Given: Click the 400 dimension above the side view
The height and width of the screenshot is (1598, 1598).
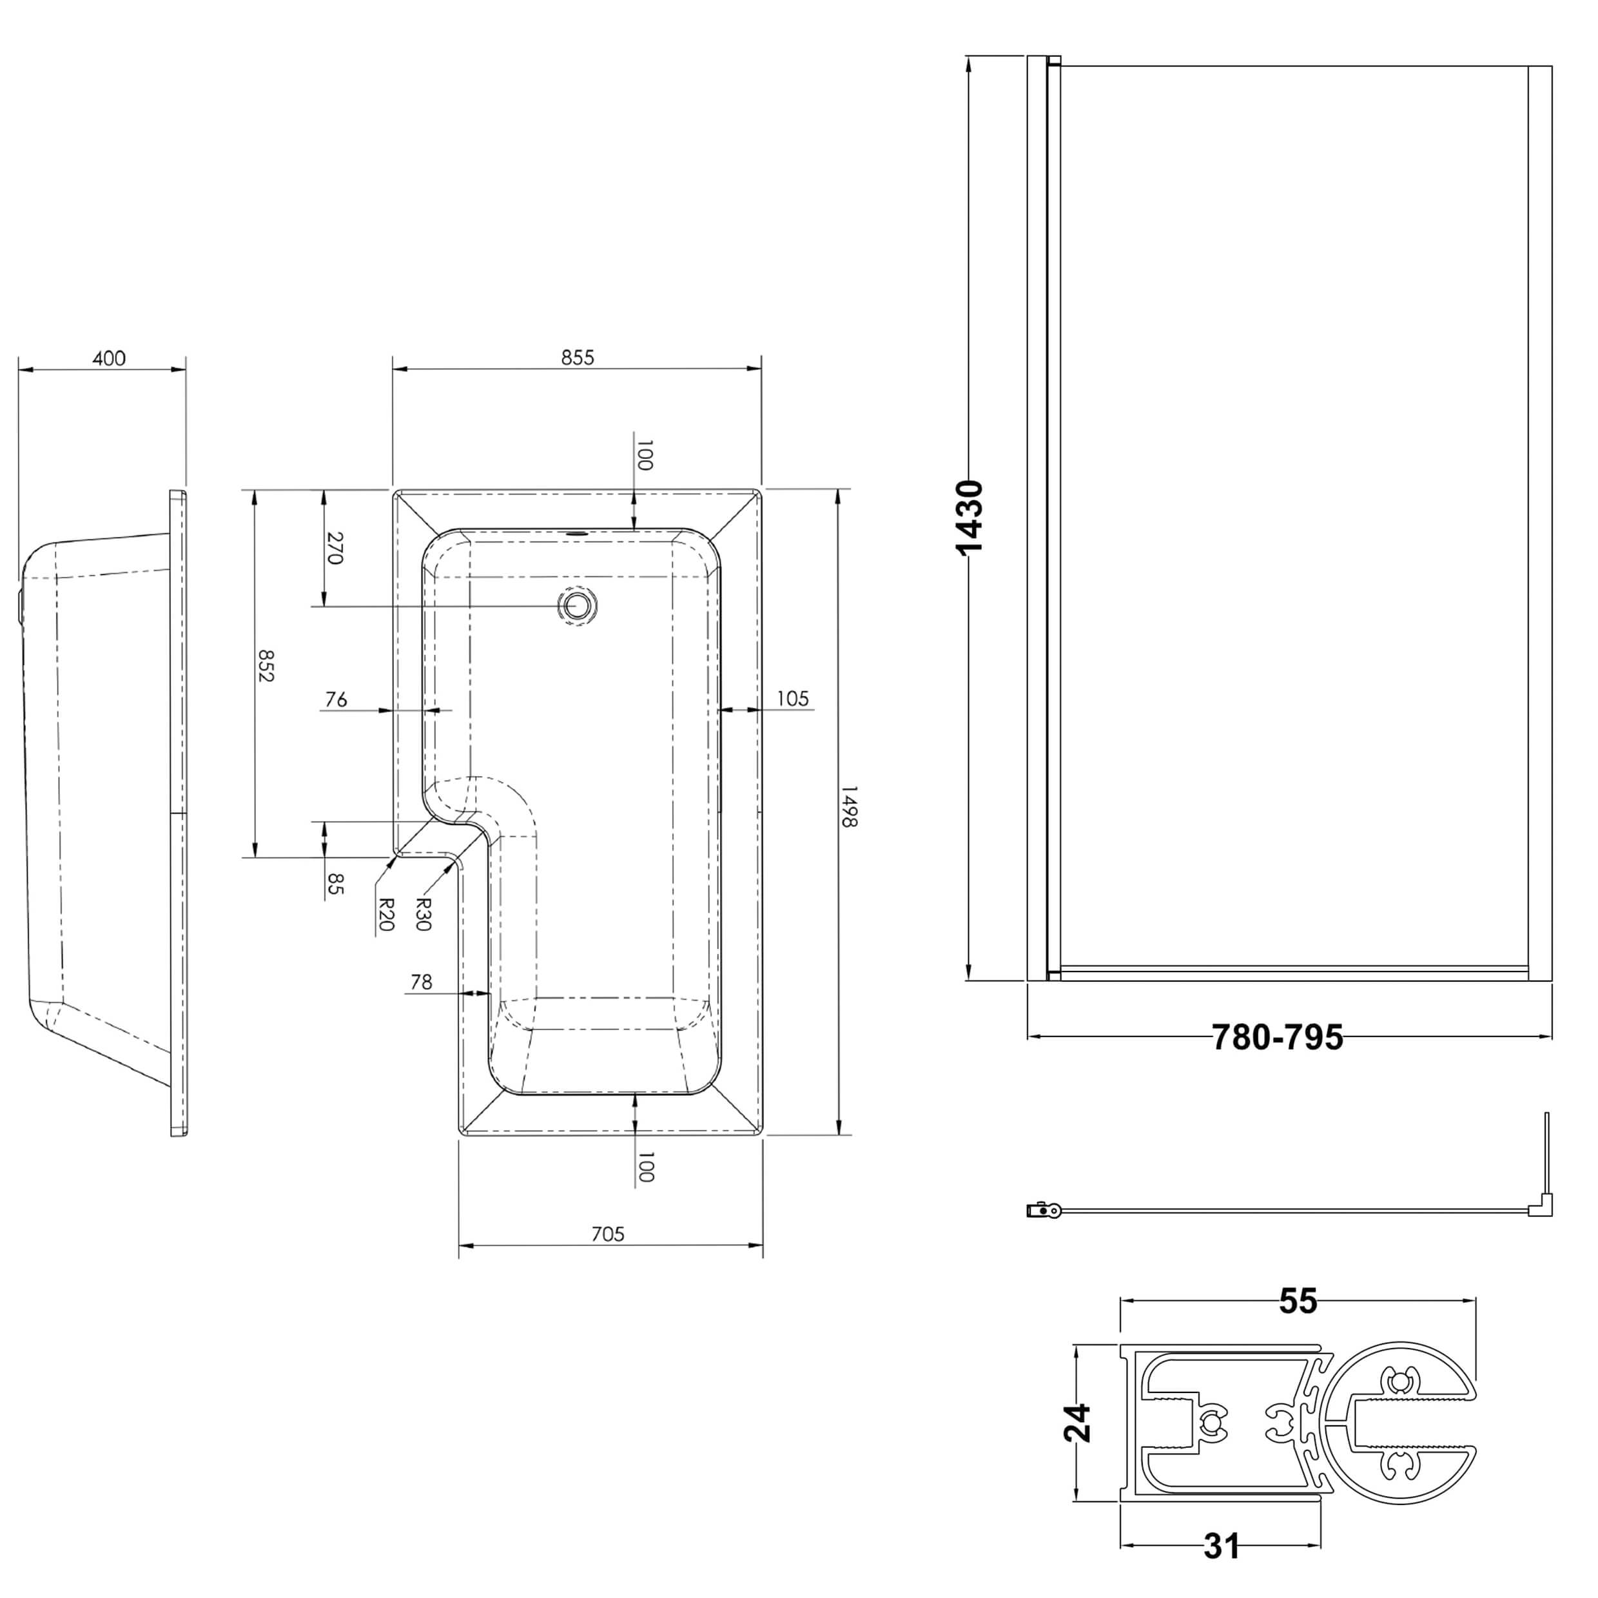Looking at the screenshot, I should pyautogui.click(x=109, y=358).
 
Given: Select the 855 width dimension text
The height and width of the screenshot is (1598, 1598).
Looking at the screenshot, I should pyautogui.click(x=578, y=357).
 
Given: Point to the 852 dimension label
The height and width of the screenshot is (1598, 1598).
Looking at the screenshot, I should pyautogui.click(x=266, y=665).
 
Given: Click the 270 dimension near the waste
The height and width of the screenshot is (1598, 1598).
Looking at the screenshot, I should pyautogui.click(x=334, y=547).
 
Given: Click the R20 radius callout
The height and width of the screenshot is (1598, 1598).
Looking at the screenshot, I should pyautogui.click(x=385, y=914).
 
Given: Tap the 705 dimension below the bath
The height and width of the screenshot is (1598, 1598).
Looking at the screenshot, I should pyautogui.click(x=608, y=1234).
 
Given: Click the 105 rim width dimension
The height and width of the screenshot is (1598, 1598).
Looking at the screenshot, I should pyautogui.click(x=792, y=699).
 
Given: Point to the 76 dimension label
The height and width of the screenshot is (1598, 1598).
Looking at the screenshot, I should pyautogui.click(x=336, y=700).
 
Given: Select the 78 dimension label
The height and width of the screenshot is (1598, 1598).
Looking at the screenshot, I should pyautogui.click(x=421, y=982).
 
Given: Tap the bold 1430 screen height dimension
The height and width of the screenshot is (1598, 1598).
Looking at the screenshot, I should pyautogui.click(x=970, y=517).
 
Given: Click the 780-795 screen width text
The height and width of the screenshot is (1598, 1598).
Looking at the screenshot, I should pyautogui.click(x=1277, y=1038).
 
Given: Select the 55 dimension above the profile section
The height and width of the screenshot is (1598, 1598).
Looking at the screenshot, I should pyautogui.click(x=1298, y=1301).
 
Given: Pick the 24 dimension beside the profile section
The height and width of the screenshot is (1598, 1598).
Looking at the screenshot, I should pyautogui.click(x=1078, y=1423).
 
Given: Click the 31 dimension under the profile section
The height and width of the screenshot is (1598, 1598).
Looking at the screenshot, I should pyautogui.click(x=1222, y=1546).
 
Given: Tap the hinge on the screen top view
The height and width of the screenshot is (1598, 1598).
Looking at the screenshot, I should pyautogui.click(x=1044, y=1211).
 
